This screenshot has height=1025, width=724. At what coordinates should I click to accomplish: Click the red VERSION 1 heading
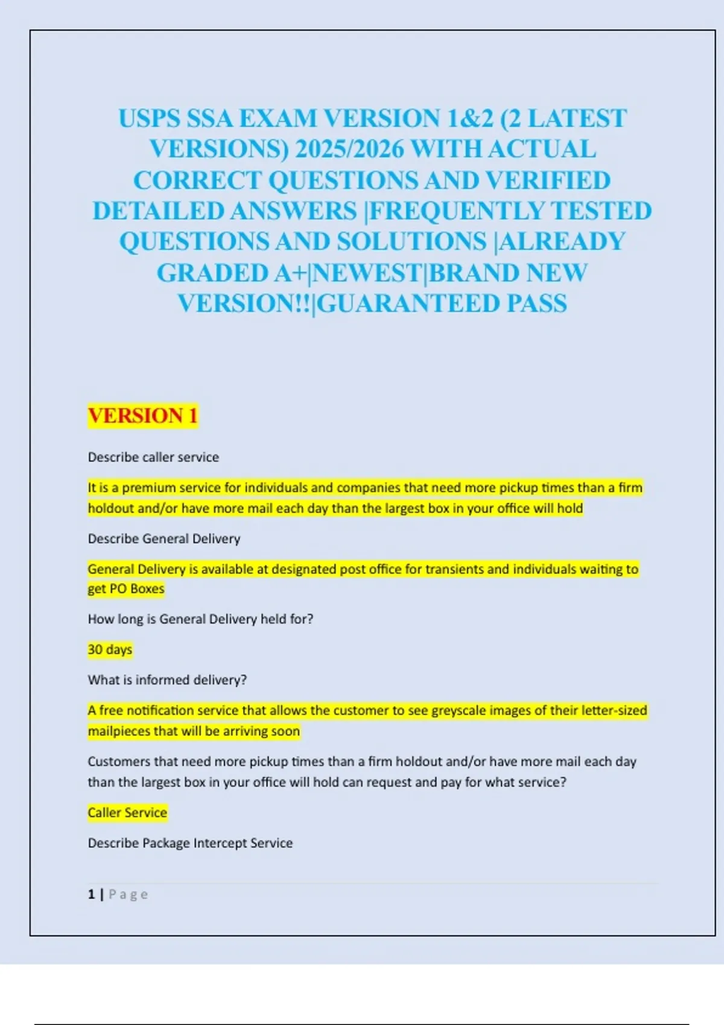143,415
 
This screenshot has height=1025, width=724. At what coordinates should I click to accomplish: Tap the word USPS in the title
149,119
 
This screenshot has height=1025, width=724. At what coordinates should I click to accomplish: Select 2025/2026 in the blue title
349,150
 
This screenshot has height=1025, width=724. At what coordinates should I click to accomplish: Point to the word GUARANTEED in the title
408,303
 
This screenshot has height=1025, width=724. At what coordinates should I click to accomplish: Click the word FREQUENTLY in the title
456,211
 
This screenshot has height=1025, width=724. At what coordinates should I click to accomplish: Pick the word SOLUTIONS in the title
411,242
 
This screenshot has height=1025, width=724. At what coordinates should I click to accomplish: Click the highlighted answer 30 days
110,649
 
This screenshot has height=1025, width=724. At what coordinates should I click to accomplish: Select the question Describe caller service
153,457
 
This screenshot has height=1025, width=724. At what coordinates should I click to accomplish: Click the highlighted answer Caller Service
127,812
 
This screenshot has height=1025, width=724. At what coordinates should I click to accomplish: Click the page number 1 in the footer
91,894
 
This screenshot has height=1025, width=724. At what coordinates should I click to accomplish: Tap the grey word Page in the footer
128,894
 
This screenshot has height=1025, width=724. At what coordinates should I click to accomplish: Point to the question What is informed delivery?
167,680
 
